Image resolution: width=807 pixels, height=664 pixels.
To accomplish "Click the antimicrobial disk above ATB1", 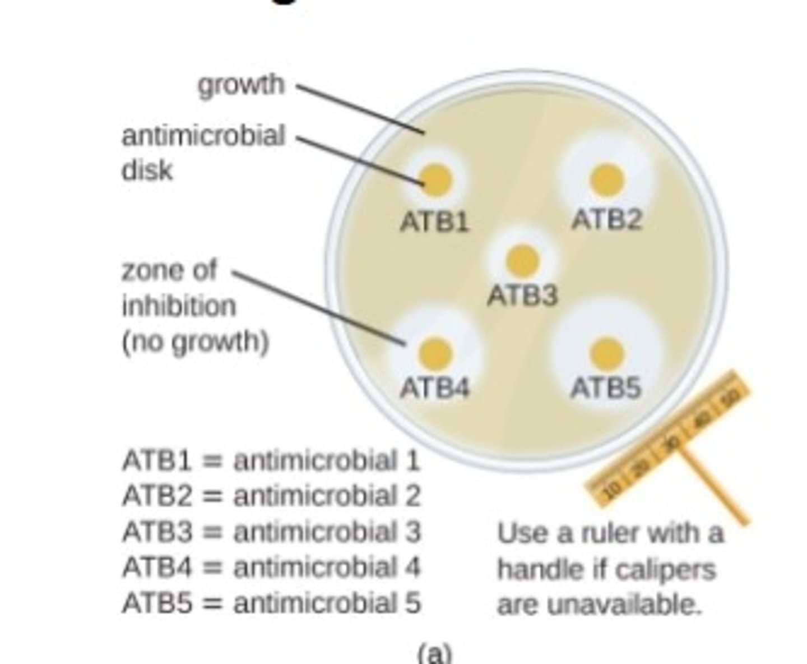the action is point(436,179).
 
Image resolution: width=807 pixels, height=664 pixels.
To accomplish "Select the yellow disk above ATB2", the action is point(606,179).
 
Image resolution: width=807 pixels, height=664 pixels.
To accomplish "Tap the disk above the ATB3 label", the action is point(522,260).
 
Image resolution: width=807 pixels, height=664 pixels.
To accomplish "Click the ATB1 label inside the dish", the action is point(435,223).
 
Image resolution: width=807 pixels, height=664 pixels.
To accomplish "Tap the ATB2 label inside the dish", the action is point(606,219).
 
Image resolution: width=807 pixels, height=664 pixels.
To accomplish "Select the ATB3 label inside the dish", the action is point(522,296).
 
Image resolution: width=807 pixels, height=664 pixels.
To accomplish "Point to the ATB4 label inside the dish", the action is point(435,388).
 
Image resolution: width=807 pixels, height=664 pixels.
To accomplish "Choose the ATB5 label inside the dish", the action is point(606,388).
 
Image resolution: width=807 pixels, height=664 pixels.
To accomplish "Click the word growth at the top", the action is point(241,86).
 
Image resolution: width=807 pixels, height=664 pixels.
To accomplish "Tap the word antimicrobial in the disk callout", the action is point(203,136).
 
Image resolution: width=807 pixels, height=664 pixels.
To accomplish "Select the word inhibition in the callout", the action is point(179,306).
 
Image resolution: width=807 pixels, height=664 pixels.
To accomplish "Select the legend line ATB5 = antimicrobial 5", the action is point(271,603).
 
